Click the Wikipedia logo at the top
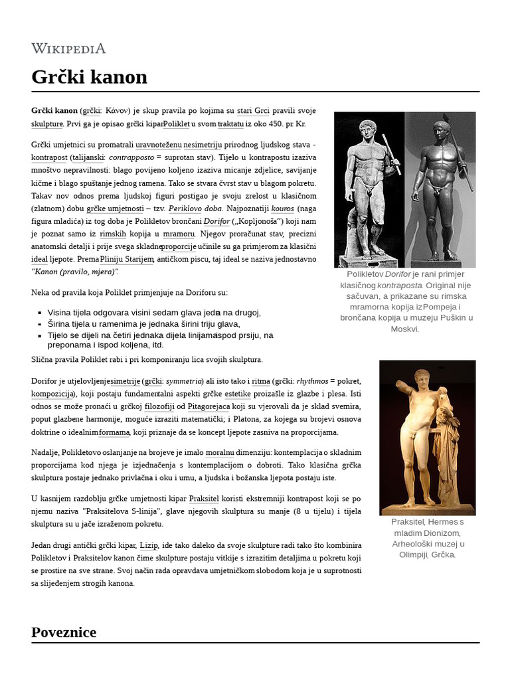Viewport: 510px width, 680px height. coord(68,48)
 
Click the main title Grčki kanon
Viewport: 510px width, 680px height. coord(89,77)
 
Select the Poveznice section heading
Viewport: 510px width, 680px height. coord(64,632)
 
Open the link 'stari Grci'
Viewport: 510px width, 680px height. coord(253,111)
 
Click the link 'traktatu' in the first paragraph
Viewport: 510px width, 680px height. coord(230,124)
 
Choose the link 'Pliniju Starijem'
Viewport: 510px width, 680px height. coord(127,259)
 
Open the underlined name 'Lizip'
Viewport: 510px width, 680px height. coord(149,545)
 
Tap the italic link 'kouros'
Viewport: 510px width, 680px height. coord(283,208)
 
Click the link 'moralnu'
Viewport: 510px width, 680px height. coord(220,452)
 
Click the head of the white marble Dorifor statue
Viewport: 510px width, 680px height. coord(367,127)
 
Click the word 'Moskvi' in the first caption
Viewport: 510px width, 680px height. coord(404,329)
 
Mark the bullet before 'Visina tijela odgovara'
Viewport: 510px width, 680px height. coord(41,313)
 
